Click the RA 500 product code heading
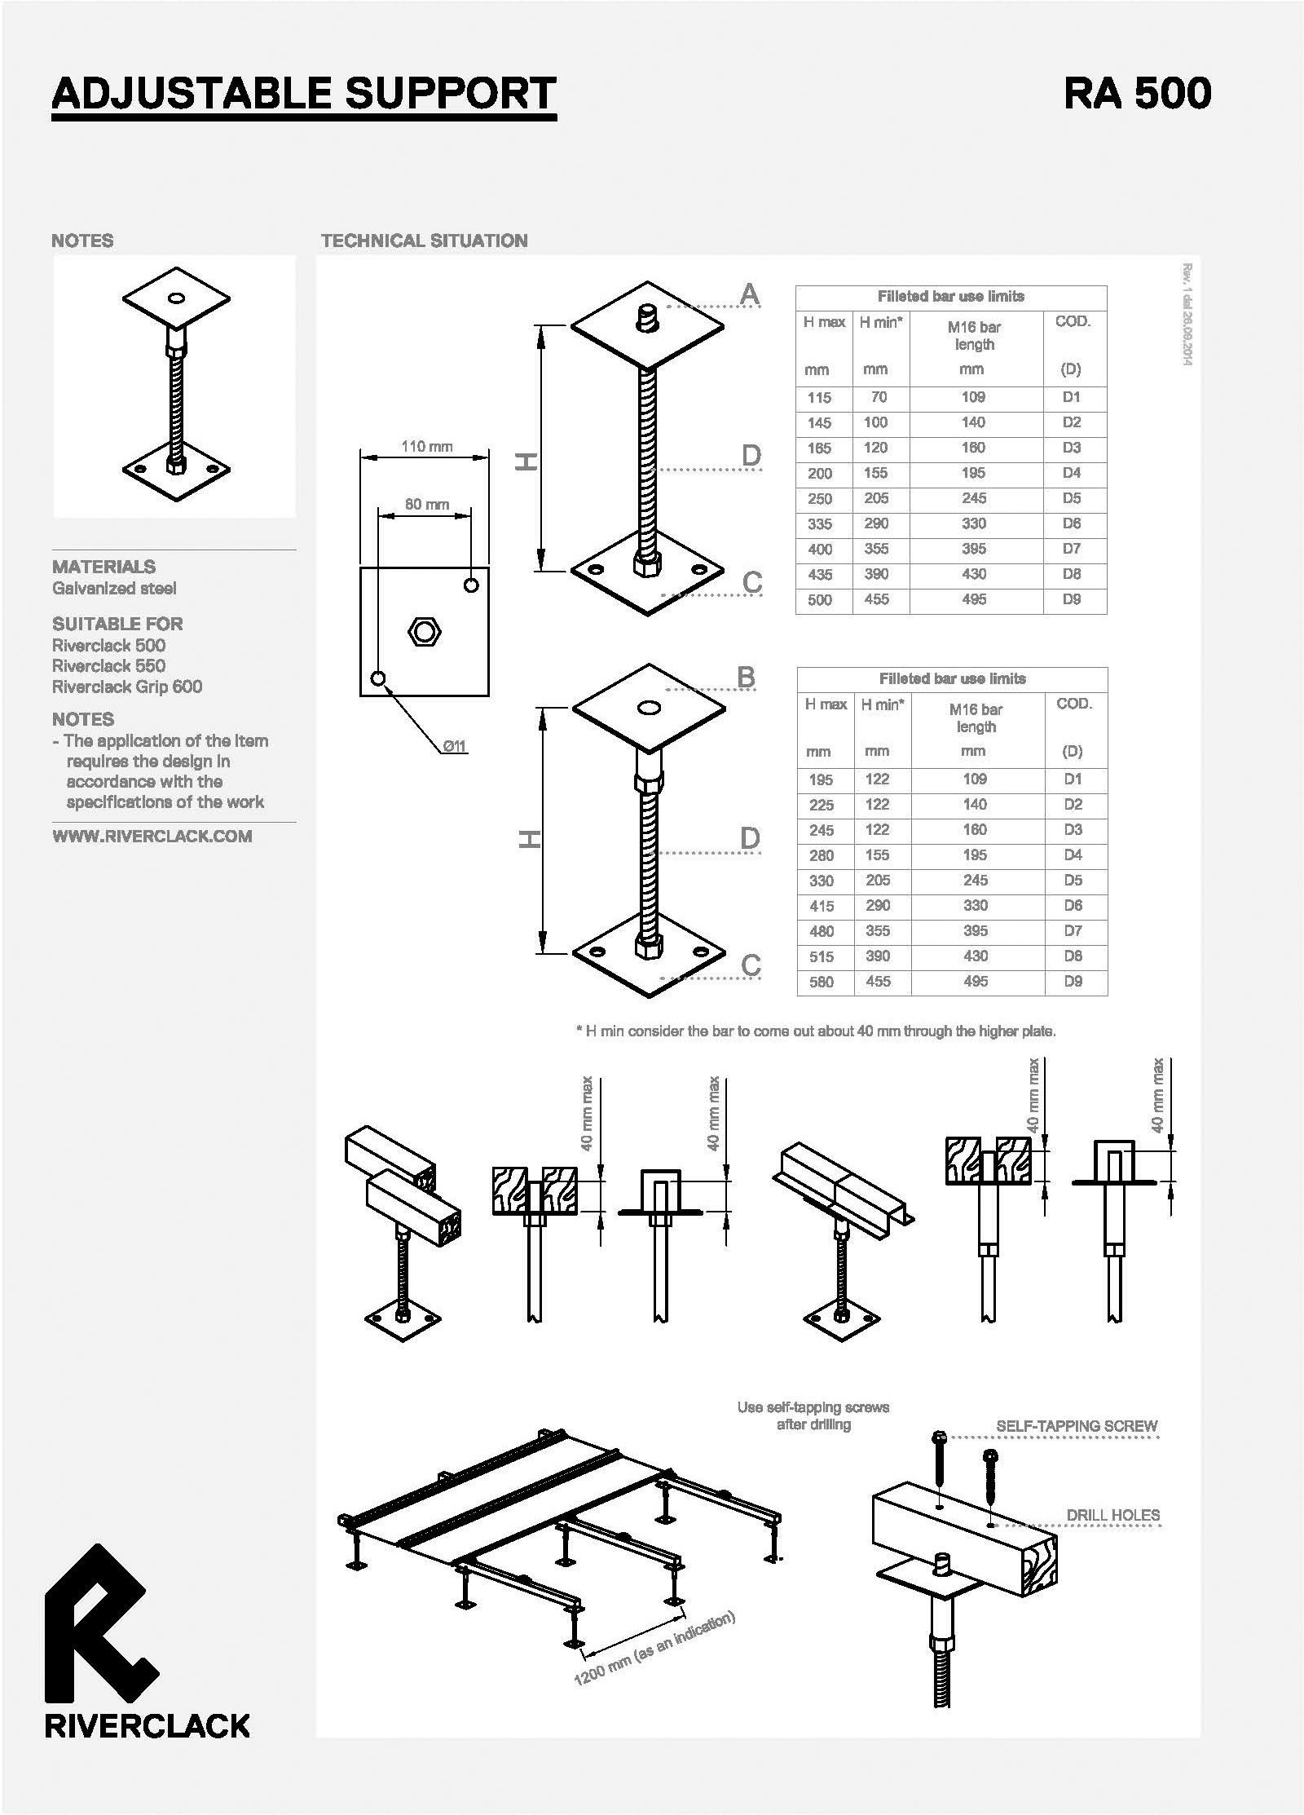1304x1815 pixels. coord(1137,93)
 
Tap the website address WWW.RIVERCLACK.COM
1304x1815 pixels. coord(152,837)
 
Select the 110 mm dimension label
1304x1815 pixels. coord(426,447)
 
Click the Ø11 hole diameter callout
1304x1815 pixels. coord(455,746)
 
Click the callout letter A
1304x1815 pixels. coord(750,294)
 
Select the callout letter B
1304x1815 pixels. coord(746,677)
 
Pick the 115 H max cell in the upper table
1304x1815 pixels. coord(819,398)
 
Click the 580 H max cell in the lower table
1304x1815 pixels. coord(822,982)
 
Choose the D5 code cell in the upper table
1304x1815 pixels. coord(1072,498)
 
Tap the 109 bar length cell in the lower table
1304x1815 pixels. coord(975,779)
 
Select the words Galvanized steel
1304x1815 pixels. coord(114,589)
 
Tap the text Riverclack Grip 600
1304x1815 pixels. coord(127,687)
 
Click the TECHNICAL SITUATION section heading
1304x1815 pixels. coord(425,241)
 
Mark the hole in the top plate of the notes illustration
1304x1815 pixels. coord(176,298)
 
